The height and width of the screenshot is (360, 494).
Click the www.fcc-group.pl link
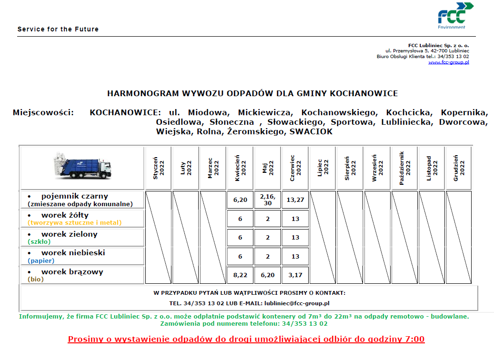point(448,62)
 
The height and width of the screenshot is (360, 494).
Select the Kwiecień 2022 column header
point(240,168)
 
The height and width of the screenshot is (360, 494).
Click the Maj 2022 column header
point(268,168)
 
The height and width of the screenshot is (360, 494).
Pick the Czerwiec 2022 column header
point(295,168)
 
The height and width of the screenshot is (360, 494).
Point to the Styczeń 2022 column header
point(158,168)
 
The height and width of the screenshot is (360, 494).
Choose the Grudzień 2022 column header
point(459,168)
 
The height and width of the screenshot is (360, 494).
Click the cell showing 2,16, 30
point(268,200)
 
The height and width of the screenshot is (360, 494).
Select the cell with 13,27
point(295,200)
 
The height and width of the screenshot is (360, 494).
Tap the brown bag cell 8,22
point(240,275)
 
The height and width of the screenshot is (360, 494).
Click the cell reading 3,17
point(295,275)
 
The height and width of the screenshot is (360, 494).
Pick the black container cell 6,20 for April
point(240,200)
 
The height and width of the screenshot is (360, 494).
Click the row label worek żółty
point(65,215)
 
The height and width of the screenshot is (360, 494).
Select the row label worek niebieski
point(73,253)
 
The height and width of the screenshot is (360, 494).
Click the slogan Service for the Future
point(58,29)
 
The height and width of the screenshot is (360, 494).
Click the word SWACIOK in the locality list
point(311,132)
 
